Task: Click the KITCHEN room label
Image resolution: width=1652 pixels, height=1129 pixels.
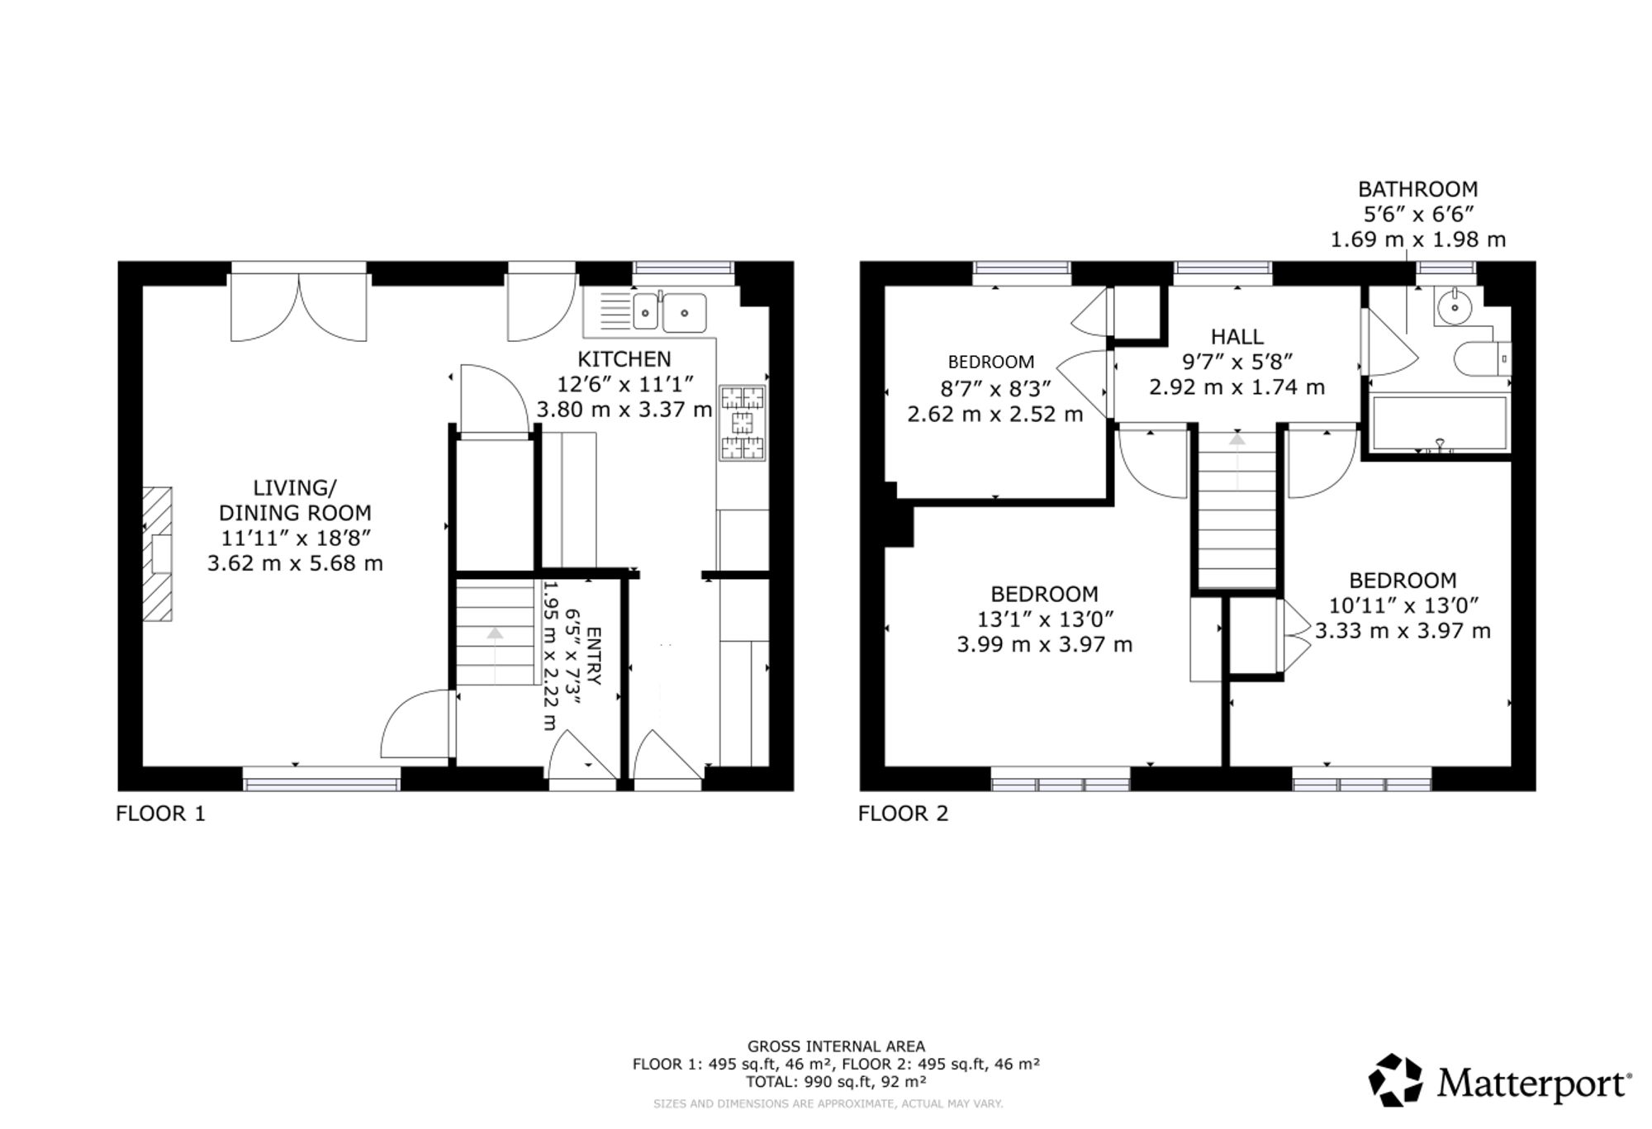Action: click(624, 359)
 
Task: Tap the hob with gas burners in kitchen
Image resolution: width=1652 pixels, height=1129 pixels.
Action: click(743, 422)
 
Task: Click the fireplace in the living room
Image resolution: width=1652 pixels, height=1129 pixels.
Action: click(157, 553)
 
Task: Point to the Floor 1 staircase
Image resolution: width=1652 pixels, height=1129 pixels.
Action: click(496, 633)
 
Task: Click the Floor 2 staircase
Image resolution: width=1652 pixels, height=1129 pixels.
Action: click(1237, 510)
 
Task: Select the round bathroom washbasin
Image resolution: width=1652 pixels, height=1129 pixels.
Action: click(1454, 307)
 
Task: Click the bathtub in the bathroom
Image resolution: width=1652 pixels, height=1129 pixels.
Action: click(1438, 424)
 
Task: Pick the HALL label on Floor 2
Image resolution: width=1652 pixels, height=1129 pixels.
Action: click(1237, 337)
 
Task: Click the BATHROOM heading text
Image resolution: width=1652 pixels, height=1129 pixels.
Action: click(1417, 189)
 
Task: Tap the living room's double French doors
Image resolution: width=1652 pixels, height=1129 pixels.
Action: click(298, 306)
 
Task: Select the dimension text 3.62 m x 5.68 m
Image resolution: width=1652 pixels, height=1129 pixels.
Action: click(295, 563)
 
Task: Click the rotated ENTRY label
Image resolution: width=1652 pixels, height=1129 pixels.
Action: click(594, 657)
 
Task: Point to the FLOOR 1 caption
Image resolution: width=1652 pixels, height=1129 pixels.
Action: click(160, 814)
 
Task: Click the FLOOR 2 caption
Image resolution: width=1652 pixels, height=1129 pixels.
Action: click(903, 814)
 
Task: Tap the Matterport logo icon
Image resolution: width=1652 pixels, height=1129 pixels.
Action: click(1396, 1079)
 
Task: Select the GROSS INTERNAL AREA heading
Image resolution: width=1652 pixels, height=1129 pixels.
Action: click(836, 1046)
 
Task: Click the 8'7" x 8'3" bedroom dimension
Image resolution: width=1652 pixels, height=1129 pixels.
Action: click(995, 388)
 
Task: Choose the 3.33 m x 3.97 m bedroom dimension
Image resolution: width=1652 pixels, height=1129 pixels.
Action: click(1403, 631)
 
